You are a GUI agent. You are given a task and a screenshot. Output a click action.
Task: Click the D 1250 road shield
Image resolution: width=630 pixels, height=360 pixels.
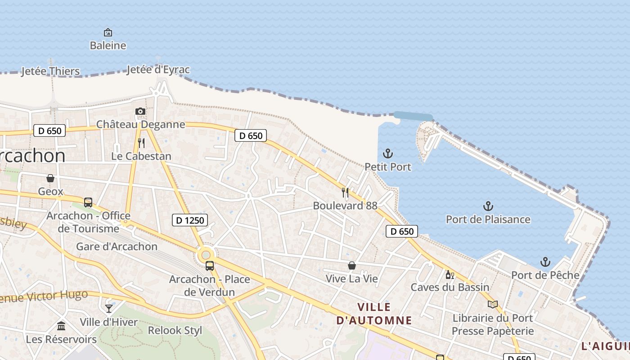(x=189, y=220)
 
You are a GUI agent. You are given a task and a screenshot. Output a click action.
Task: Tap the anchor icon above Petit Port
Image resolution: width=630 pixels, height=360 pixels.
(x=387, y=153)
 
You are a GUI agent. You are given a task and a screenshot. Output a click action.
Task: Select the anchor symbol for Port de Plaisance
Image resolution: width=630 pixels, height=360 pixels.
(x=488, y=206)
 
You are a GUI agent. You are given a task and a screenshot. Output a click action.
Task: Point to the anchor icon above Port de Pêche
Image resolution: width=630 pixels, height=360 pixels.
(x=545, y=262)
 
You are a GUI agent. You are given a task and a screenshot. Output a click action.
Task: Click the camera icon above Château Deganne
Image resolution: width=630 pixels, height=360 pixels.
(x=140, y=111)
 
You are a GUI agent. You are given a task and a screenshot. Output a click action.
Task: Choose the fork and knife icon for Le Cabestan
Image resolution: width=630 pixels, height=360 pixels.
(x=141, y=143)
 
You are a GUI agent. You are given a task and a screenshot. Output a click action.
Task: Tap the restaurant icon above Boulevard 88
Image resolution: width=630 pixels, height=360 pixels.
(x=345, y=193)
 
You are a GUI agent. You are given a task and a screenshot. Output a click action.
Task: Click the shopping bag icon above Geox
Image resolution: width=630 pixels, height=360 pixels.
(x=50, y=178)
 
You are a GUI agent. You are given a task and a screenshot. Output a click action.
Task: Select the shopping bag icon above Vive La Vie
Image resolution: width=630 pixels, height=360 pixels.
(x=352, y=265)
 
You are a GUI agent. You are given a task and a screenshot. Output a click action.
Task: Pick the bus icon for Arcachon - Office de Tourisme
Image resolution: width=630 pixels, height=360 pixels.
(x=88, y=202)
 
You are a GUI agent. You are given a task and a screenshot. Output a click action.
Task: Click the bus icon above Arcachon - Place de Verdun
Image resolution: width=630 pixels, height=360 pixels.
(x=210, y=266)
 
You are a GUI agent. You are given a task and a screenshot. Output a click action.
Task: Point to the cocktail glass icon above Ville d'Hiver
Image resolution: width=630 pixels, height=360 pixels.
(x=109, y=308)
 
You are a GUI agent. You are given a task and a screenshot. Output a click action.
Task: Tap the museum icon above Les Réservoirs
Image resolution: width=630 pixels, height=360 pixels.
(x=61, y=325)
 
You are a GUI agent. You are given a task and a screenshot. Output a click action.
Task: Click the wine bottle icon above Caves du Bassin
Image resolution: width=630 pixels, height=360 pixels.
(x=449, y=274)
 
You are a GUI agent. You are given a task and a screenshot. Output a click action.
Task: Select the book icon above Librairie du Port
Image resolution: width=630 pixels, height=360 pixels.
(x=493, y=305)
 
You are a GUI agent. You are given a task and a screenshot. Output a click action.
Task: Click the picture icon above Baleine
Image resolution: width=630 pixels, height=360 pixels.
(x=108, y=32)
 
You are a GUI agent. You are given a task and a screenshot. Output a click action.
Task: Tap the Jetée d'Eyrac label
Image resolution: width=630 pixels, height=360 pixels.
(x=158, y=70)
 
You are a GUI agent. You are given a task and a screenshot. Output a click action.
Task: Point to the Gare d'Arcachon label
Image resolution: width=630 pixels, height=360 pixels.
(x=117, y=247)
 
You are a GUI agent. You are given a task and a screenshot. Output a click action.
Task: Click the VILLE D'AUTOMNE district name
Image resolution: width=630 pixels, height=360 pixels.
(x=374, y=314)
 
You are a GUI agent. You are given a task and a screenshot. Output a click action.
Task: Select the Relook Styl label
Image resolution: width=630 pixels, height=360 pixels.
(x=175, y=330)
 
